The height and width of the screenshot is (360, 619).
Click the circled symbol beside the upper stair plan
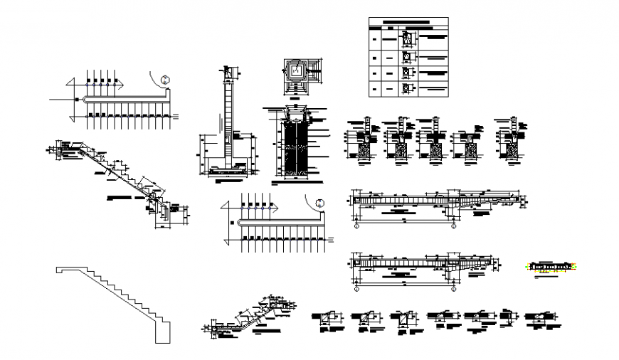(x=165, y=80)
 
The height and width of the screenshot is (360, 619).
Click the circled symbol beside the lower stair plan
(x=321, y=203)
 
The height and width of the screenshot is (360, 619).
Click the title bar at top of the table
(x=409, y=23)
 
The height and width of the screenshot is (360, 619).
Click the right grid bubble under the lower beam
(x=453, y=290)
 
